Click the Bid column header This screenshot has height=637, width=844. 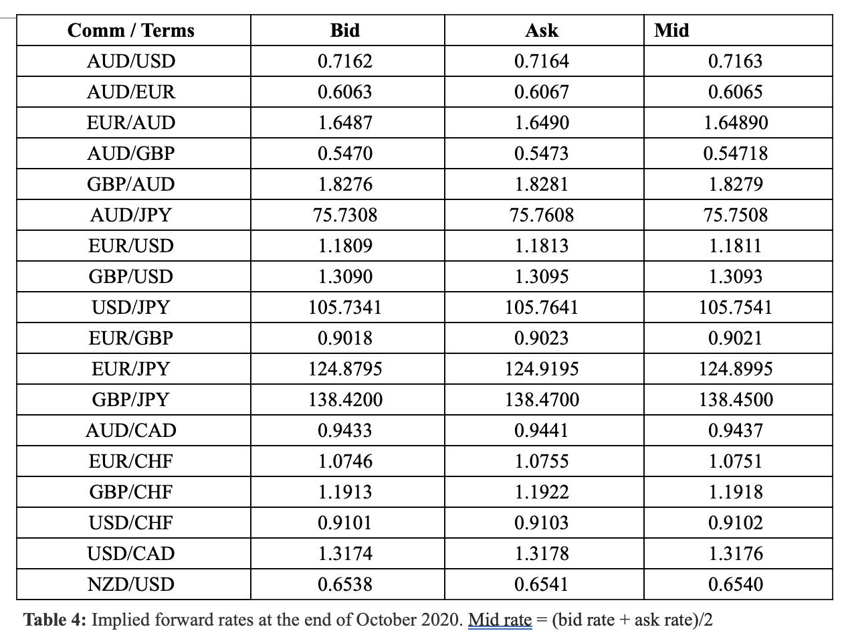click(345, 31)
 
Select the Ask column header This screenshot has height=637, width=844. click(542, 31)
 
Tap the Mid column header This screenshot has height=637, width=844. click(671, 31)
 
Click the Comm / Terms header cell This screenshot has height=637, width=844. click(131, 31)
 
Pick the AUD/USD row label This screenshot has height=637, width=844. click(131, 62)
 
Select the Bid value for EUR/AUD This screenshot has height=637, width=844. click(345, 123)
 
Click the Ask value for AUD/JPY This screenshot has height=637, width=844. click(542, 215)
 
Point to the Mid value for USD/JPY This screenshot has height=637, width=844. click(735, 308)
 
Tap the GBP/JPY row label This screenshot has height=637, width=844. click(131, 400)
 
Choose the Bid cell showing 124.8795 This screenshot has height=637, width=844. click(345, 369)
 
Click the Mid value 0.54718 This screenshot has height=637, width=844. click(735, 154)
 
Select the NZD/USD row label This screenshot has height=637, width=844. click(131, 585)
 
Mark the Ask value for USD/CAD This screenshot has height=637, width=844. click(542, 554)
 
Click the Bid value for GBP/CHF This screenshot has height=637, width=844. click(345, 492)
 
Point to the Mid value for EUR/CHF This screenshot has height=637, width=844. click(735, 462)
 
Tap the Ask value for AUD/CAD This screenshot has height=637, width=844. click(542, 431)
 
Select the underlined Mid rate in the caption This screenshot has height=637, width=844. click(500, 620)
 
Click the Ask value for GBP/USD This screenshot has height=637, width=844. click(542, 277)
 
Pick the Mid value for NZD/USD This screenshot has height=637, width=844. click(735, 585)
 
